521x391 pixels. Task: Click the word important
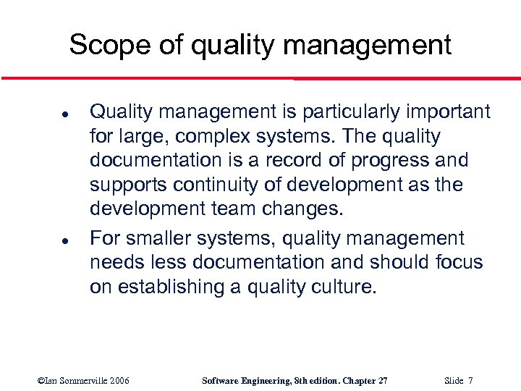(x=448, y=112)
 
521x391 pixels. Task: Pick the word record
(x=293, y=161)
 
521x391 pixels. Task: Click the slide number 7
(x=470, y=381)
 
